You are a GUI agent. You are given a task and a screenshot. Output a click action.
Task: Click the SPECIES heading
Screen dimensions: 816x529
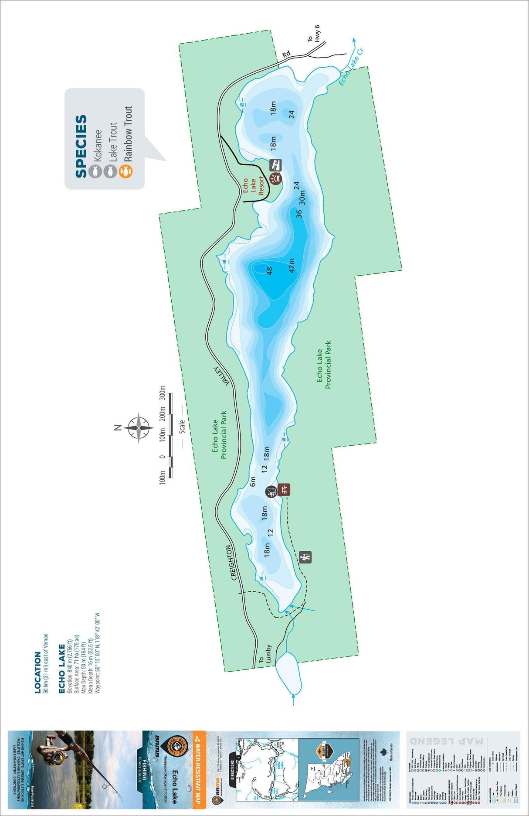[81, 146]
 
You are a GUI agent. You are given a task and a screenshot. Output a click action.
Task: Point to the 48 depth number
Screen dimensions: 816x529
[269, 271]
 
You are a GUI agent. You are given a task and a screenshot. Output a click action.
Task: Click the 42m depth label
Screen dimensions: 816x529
[292, 265]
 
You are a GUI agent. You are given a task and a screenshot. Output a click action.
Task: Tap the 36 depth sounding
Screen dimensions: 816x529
[298, 214]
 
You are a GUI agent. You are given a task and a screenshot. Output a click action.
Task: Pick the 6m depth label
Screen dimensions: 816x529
[253, 481]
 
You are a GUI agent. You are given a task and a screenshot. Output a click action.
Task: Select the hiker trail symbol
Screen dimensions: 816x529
[306, 557]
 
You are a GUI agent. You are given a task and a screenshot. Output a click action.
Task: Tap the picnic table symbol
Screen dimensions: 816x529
[284, 489]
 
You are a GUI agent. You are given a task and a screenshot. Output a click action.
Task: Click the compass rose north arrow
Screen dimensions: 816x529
[138, 427]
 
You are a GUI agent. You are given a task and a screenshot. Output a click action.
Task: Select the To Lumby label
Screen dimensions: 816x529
[264, 654]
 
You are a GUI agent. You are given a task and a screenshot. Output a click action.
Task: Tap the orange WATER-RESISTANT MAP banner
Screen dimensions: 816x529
[199, 768]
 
